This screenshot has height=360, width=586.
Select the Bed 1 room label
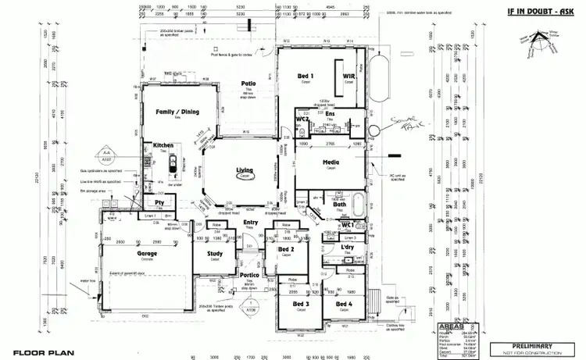coord(306,76)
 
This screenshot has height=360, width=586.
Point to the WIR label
coord(348,76)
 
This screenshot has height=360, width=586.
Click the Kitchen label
coord(163,145)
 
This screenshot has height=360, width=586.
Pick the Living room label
coord(246,169)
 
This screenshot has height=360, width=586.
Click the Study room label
coord(215,253)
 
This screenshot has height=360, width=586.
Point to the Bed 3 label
coord(302,304)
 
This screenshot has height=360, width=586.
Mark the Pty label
coord(159,202)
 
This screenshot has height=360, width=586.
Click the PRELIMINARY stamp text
coord(533,344)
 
